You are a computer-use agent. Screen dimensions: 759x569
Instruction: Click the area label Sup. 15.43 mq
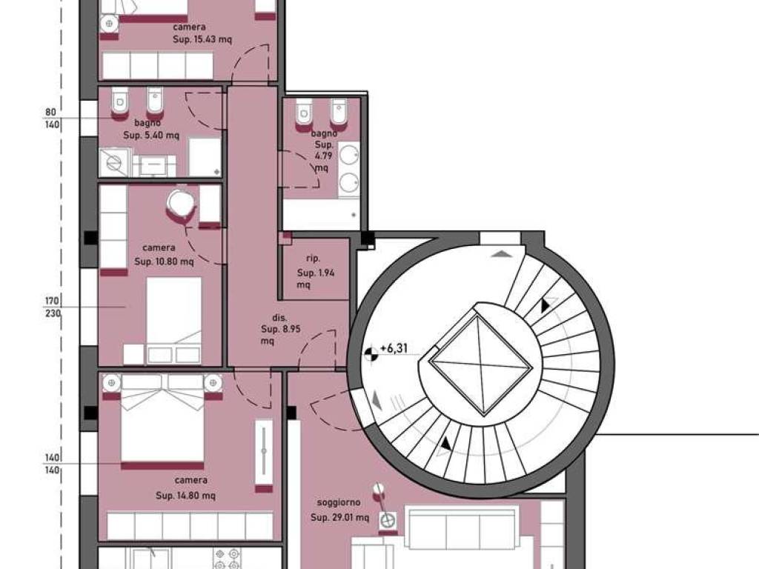[202, 40]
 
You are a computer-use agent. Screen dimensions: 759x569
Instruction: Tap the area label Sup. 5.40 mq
[151, 135]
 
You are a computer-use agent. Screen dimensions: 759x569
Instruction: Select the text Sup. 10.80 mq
[164, 262]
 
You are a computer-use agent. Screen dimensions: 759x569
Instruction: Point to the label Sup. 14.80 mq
[185, 496]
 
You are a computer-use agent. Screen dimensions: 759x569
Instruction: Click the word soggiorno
[339, 503]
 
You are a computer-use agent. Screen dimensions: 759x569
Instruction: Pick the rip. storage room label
[314, 259]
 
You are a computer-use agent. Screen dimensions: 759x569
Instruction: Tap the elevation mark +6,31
[394, 348]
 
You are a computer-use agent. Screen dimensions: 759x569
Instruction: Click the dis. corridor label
[279, 318]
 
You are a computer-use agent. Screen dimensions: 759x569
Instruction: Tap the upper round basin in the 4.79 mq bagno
[348, 155]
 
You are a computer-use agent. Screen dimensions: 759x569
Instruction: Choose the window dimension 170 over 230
[53, 307]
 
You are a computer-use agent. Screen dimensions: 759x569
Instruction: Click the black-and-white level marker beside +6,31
[371, 354]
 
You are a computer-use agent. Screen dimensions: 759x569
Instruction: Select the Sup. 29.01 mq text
[339, 518]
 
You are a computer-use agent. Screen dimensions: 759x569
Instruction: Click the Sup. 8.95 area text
[281, 329]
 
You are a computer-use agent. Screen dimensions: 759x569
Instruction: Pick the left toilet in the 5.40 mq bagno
[119, 103]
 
